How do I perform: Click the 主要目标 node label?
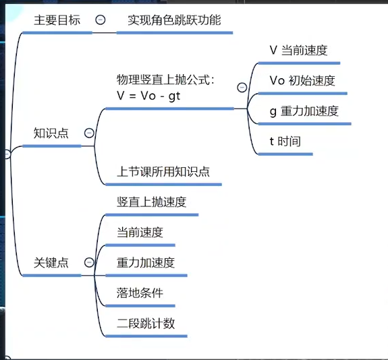pos(57,20)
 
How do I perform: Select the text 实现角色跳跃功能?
pos(174,20)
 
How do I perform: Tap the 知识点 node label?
pos(51,133)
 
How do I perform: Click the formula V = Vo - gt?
pos(148,96)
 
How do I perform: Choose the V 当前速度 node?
pos(298,50)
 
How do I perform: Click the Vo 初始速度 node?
pos(302,81)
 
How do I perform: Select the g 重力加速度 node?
pos(304,111)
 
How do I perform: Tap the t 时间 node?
pos(285,141)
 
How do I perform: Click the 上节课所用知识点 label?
pos(163,171)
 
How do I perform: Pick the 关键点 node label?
pos(51,262)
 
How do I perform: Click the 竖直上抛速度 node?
pos(151,202)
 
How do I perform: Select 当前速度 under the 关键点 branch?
pos(140,232)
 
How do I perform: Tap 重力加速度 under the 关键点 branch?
pos(146,262)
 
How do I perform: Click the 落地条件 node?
pos(140,293)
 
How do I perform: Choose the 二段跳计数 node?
pos(146,323)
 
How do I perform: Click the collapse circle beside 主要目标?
pos(101,20)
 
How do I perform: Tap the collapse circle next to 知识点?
pos(89,133)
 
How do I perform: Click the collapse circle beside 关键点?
pos(89,262)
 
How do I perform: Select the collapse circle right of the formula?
pos(242,87)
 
